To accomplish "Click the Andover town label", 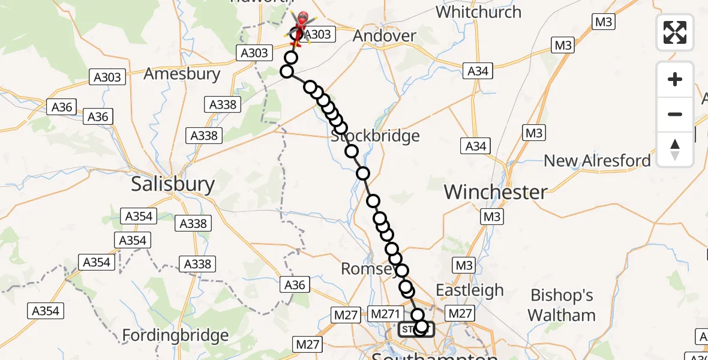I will click(x=384, y=36).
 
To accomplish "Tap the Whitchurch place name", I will click(x=478, y=12).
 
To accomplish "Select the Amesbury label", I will click(x=182, y=75).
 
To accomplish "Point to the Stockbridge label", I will click(x=376, y=136).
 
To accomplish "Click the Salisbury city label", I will click(x=173, y=184).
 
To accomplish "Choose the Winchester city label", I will click(x=496, y=192).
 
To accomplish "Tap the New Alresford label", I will click(x=597, y=161).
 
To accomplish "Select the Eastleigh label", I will click(x=469, y=290).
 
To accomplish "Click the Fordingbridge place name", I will click(x=175, y=335).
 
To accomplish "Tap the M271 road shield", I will click(x=383, y=313).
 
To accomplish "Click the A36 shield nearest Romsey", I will click(x=294, y=285).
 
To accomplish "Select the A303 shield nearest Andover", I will click(x=316, y=35).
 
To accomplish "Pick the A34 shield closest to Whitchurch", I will click(x=478, y=71).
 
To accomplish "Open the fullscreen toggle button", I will click(x=675, y=32).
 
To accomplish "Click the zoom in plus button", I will click(x=675, y=79).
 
